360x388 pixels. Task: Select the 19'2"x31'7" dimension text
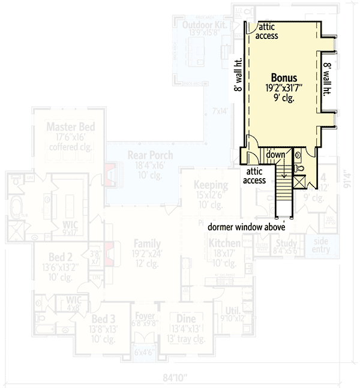pyautogui.click(x=284, y=88)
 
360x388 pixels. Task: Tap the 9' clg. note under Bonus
pyautogui.click(x=284, y=97)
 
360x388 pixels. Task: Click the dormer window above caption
pyautogui.click(x=246, y=227)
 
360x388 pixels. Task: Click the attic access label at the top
pyautogui.click(x=267, y=31)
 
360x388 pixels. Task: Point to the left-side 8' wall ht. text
pyautogui.click(x=238, y=74)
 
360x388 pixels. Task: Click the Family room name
pyautogui.click(x=147, y=244)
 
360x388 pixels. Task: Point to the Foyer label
pyautogui.click(x=145, y=316)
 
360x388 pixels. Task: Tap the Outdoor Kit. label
pyautogui.click(x=205, y=23)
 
